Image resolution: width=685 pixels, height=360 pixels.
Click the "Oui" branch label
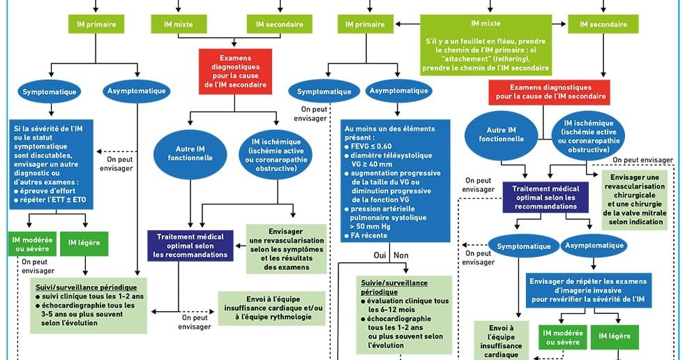[x=379, y=255]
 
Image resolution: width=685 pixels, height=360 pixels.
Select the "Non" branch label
[x=401, y=255]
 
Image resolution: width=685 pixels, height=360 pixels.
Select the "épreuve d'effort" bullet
[x=47, y=190]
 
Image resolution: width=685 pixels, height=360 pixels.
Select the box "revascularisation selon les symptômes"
[x=287, y=249]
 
